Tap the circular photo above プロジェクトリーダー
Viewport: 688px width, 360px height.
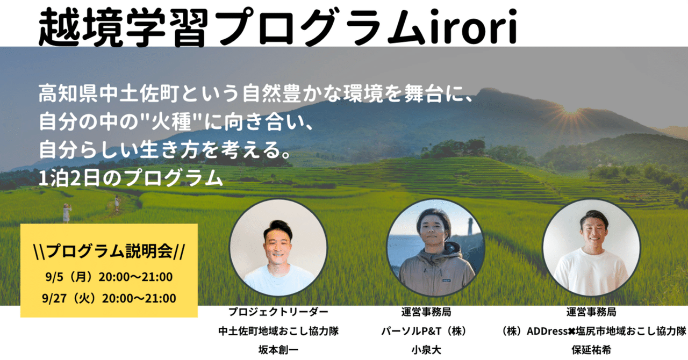(x=278, y=248)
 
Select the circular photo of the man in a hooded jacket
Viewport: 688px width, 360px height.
(x=436, y=248)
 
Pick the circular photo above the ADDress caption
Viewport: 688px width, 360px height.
(x=591, y=248)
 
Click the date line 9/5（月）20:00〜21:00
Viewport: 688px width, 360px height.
(x=109, y=278)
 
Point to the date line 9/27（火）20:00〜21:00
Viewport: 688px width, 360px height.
(x=109, y=298)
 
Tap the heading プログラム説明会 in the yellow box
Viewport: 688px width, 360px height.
(x=109, y=251)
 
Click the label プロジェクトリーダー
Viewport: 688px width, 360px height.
(x=278, y=312)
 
